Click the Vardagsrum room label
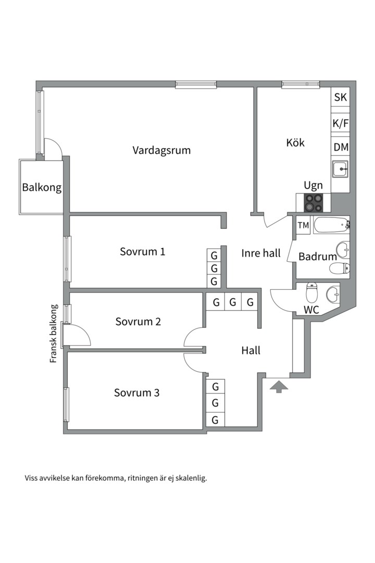161,151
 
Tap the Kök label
295,143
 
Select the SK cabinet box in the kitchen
340,97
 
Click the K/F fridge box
340,124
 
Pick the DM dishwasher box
340,148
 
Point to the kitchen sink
340,169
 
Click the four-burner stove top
314,202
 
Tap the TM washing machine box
303,225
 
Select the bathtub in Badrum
331,225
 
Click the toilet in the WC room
312,293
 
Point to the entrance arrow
279,386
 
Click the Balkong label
42,188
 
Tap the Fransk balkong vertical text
53,334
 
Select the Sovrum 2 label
138,322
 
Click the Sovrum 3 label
136,393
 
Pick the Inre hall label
261,253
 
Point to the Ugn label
314,186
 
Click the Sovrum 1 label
142,252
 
